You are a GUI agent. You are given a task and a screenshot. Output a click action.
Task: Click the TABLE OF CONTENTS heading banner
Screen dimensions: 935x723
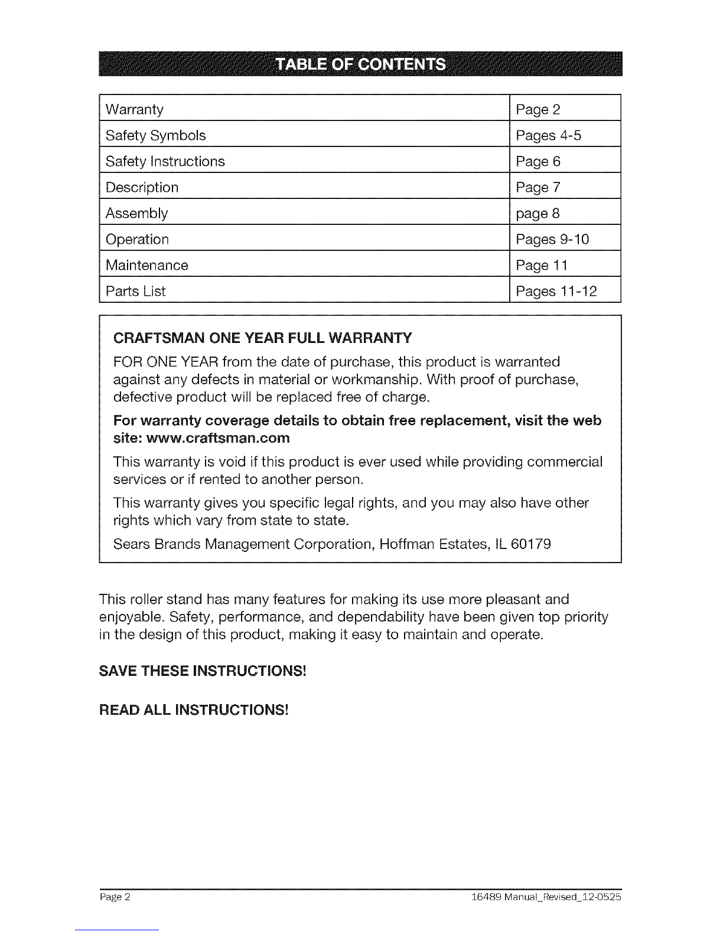point(360,64)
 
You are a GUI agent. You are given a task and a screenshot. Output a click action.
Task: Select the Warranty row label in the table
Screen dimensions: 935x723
point(135,110)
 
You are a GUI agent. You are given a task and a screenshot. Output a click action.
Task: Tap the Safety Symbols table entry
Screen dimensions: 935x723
point(156,136)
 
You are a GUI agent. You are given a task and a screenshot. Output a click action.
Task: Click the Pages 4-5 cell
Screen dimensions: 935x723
point(549,136)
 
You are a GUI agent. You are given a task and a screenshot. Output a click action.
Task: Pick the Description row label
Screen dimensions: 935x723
point(142,188)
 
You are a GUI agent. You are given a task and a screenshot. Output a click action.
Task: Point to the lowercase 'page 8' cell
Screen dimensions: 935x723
point(538,213)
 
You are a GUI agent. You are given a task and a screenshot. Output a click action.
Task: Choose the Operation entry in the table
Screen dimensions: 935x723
point(137,239)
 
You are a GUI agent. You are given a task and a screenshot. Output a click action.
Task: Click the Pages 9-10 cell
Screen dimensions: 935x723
point(552,239)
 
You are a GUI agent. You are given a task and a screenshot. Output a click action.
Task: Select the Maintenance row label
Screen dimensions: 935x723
point(147,265)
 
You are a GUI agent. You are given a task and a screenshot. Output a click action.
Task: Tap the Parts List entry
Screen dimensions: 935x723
point(136,291)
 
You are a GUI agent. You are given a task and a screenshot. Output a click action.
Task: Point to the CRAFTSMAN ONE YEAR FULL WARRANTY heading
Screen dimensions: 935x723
point(262,338)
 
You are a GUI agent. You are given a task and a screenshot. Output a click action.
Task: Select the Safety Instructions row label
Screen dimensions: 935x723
point(165,162)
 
